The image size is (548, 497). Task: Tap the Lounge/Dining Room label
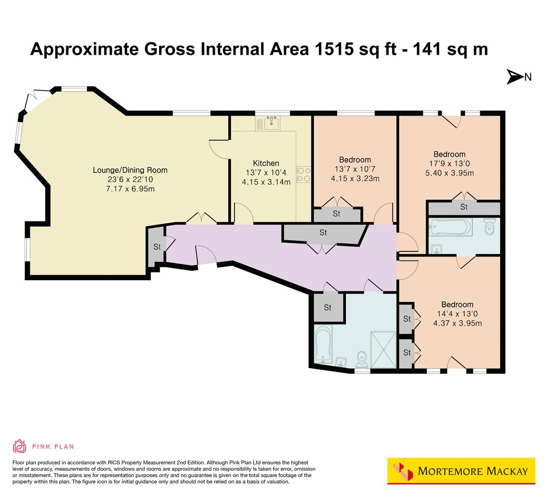pos(130,170)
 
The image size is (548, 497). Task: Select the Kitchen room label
pos(266,163)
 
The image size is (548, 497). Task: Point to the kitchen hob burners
pos(304,174)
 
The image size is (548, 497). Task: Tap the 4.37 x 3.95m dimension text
pos(457,323)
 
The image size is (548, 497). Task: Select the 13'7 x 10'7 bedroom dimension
pos(355,169)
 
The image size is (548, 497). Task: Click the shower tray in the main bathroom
pos(383,349)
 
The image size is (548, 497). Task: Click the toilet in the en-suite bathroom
pos(489,227)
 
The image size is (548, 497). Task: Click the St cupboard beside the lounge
pos(157,246)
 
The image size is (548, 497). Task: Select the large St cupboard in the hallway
pos(323,233)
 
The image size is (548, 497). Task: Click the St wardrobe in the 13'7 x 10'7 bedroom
pos(336,214)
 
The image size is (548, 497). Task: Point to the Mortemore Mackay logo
pos(461,471)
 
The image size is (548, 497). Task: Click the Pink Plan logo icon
pos(20,446)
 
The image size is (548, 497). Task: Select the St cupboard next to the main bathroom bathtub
pos(328,307)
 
